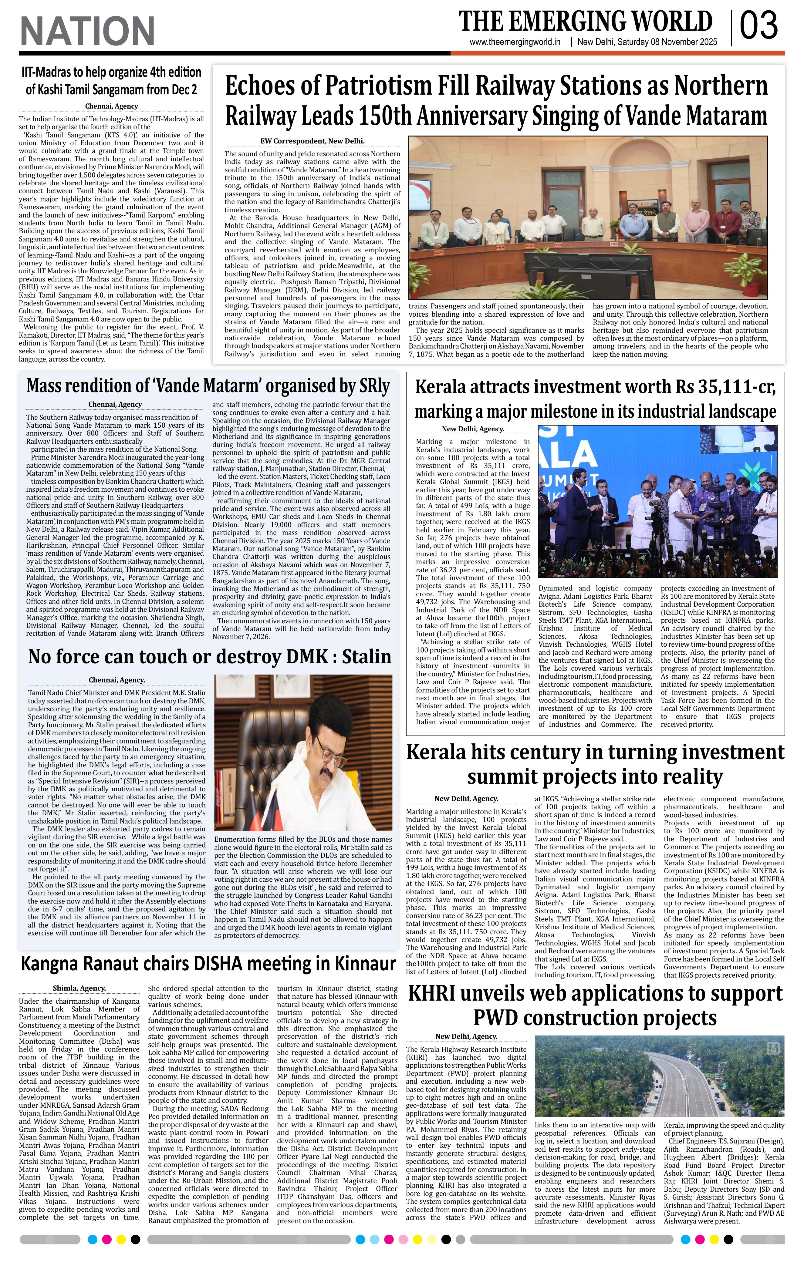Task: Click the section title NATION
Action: click(87, 31)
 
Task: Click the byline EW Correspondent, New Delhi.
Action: click(312, 141)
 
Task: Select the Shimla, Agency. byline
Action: click(79, 988)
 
